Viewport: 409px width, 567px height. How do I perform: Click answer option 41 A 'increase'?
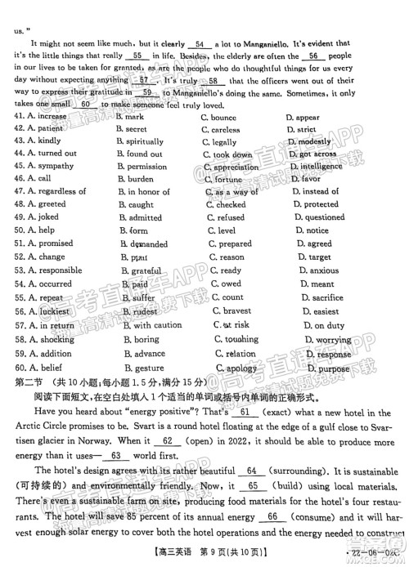point(56,118)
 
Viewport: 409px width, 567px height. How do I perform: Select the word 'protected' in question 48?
point(321,204)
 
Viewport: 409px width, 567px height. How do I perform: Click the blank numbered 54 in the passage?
point(200,46)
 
